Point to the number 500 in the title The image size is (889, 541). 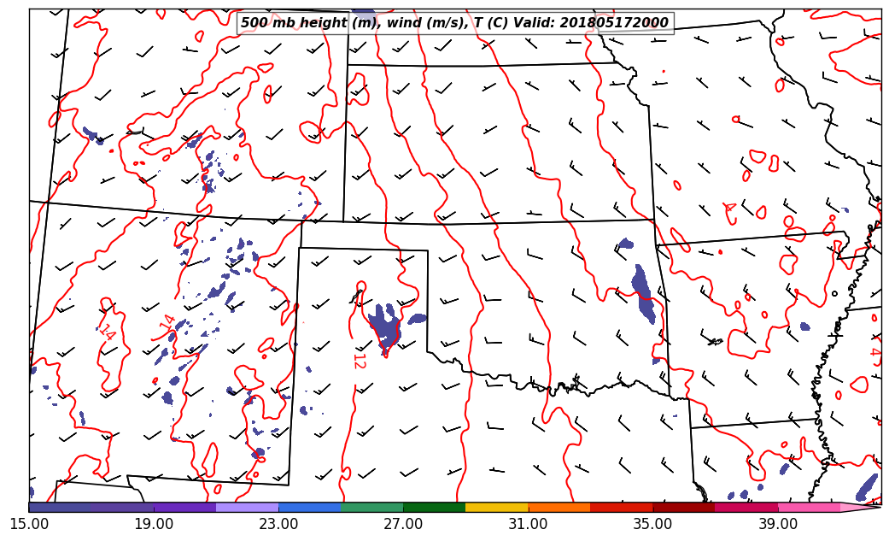click(x=254, y=23)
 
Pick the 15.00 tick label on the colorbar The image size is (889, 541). click(x=29, y=523)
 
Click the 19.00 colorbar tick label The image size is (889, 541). click(x=154, y=523)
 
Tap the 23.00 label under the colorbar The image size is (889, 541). click(x=278, y=523)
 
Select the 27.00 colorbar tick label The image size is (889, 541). click(x=403, y=523)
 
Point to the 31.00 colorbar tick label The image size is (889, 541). click(x=528, y=523)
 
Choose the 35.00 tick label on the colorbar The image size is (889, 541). click(x=652, y=523)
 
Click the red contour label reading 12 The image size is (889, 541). click(x=359, y=361)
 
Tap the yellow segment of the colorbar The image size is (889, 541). click(x=497, y=507)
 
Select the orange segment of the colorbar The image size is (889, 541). click(x=559, y=507)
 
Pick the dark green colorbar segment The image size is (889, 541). click(x=434, y=507)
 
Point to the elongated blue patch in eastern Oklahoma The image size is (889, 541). click(x=644, y=295)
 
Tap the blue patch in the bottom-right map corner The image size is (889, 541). click(x=867, y=486)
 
